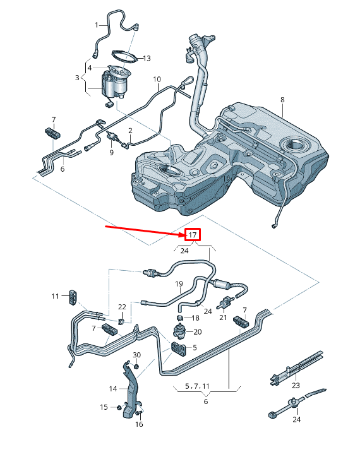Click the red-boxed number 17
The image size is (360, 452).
pos(193,235)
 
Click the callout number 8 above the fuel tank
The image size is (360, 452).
pos(282,100)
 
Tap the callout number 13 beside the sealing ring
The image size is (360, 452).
pos(147,58)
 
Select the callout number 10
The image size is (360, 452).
pos(157,79)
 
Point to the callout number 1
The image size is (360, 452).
pos(97,25)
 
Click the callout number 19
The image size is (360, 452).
pos(179,284)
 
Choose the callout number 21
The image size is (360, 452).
pos(222,318)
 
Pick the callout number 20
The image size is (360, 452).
pos(198,331)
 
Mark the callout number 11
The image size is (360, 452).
pos(55,295)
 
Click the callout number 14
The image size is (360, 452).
pos(113,388)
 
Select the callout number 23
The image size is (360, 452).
pos(296,385)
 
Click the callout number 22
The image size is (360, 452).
pos(123,307)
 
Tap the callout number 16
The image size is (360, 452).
pos(140,424)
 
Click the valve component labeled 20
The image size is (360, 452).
pos(181,331)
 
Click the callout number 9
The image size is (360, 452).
pos(111,152)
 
